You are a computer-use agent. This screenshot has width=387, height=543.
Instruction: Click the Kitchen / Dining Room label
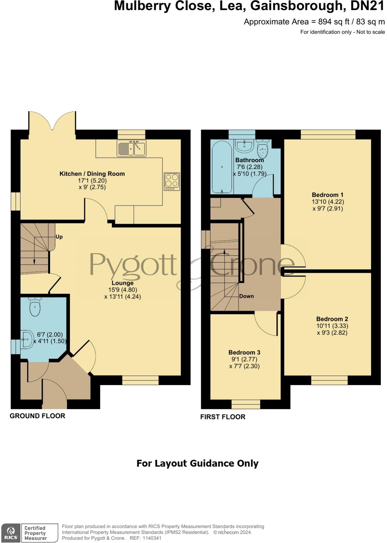click(92, 174)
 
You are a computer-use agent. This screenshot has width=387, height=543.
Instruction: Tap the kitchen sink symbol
click(131, 148)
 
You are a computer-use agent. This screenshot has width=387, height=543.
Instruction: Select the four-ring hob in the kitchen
click(172, 182)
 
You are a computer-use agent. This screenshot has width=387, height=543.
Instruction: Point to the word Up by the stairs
click(59, 237)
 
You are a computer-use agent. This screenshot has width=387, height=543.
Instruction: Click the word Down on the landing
click(246, 296)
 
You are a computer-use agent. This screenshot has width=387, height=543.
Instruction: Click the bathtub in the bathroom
click(222, 168)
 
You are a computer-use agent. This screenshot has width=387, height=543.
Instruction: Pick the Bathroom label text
click(250, 160)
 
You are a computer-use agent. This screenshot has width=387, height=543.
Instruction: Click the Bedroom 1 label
click(328, 195)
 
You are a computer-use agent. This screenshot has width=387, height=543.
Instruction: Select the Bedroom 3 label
click(244, 352)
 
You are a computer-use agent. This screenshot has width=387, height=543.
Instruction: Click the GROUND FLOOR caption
click(37, 416)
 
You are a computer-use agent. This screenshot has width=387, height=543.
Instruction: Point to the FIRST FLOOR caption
click(223, 417)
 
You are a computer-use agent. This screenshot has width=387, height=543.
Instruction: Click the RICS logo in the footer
click(11, 533)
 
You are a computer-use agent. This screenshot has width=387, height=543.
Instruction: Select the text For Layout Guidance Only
click(197, 463)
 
